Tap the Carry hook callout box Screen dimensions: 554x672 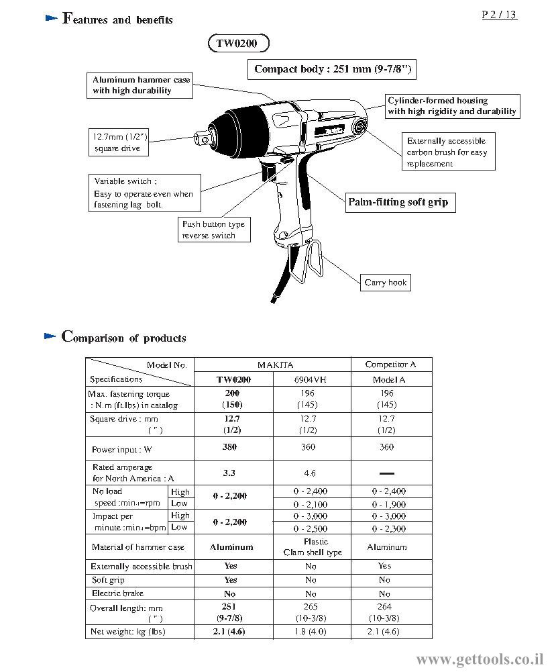click(x=385, y=283)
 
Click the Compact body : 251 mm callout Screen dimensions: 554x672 click(x=332, y=69)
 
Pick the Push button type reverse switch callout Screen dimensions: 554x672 click(x=214, y=230)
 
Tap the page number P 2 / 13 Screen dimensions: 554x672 click(x=499, y=15)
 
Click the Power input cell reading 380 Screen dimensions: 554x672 click(x=229, y=447)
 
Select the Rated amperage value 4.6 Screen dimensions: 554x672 click(x=310, y=473)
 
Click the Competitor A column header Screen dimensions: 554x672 click(x=390, y=365)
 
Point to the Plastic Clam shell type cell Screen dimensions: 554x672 click(x=313, y=547)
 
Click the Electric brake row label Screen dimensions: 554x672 click(x=118, y=593)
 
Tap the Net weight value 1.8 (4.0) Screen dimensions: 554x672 click(x=311, y=631)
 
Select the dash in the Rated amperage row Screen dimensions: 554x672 click(x=386, y=473)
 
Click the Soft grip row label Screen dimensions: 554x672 click(x=108, y=580)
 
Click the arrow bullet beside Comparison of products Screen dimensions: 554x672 click(x=50, y=336)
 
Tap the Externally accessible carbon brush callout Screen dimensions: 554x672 click(x=448, y=152)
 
